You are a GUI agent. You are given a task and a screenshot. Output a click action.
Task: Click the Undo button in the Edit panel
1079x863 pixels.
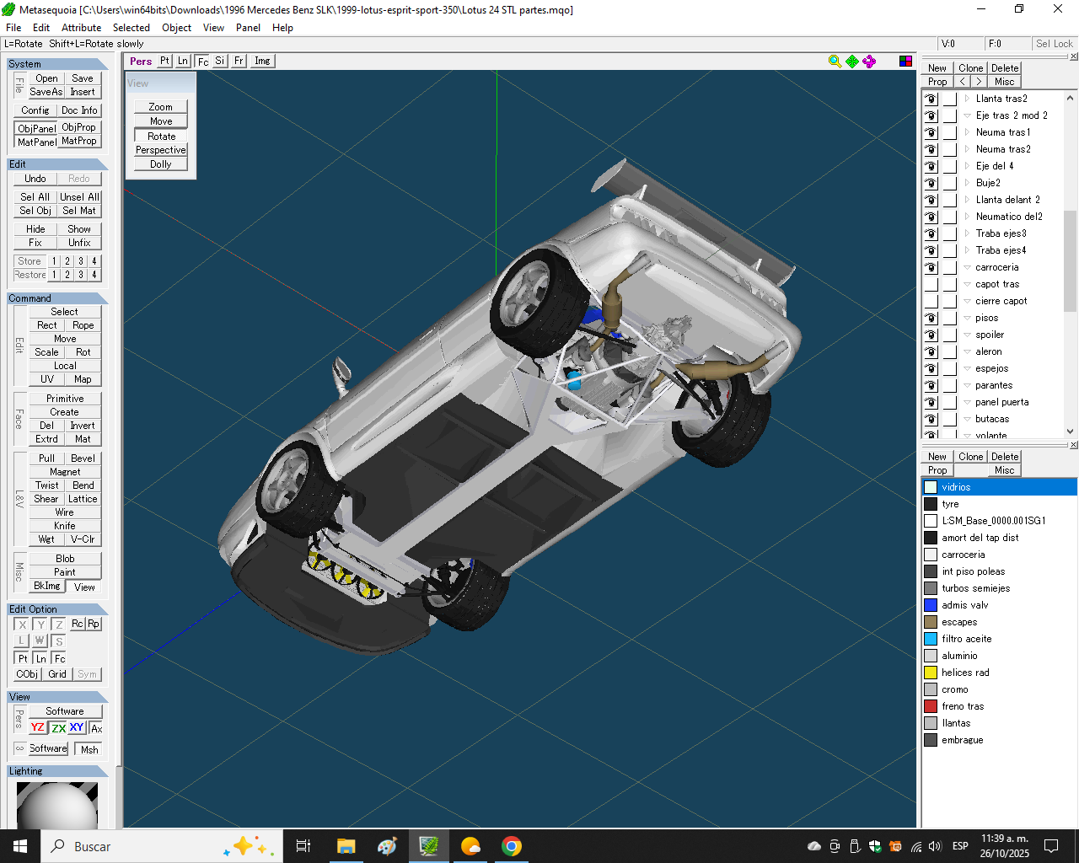coord(35,179)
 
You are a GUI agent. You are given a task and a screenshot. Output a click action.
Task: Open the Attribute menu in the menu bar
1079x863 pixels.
coord(81,28)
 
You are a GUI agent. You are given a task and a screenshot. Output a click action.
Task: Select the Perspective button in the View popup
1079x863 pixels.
coord(160,150)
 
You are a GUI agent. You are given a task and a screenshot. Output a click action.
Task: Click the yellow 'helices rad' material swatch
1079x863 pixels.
coord(931,673)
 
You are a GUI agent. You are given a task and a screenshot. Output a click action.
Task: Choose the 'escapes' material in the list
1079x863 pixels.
coord(959,622)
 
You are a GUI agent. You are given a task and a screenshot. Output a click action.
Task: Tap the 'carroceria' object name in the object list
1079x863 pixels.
coord(996,267)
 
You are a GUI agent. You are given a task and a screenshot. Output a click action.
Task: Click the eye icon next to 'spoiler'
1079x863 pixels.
coord(931,335)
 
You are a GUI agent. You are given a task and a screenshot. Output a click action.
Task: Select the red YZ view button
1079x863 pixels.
coord(38,727)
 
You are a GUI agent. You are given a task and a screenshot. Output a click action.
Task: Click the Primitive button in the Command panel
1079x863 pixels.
coord(65,398)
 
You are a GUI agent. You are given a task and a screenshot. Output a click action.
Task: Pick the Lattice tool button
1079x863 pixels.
coord(83,498)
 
